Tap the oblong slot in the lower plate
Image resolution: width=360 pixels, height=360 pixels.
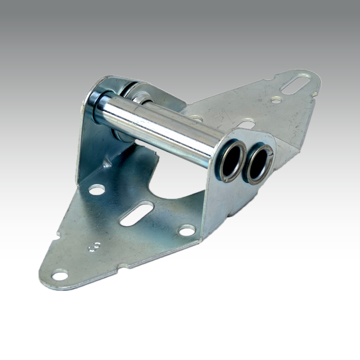(x=136, y=214)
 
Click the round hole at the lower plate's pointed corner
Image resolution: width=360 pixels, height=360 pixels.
(x=60, y=274)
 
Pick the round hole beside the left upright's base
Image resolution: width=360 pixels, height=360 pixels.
(x=96, y=189)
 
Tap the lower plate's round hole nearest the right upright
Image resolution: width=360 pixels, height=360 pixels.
(x=186, y=230)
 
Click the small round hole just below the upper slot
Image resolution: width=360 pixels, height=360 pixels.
(x=276, y=100)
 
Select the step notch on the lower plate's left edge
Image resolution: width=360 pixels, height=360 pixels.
(x=58, y=234)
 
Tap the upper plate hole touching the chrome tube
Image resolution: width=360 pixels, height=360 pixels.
(x=196, y=118)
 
